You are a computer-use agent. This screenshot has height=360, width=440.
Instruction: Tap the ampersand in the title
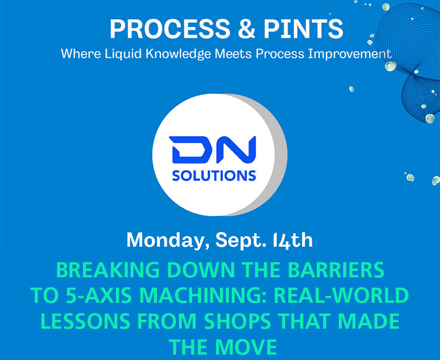[x=247, y=29]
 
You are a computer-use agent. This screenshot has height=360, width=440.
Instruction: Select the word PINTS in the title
[x=303, y=29]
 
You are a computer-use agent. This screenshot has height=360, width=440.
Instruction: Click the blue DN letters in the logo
[x=213, y=150]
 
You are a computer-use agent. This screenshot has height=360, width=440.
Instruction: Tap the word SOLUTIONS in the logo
[x=214, y=176]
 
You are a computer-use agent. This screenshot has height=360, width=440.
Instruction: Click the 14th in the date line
[x=292, y=241]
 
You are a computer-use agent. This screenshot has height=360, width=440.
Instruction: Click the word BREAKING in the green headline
[x=108, y=270]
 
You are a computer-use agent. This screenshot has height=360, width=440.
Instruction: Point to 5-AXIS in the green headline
[x=99, y=295]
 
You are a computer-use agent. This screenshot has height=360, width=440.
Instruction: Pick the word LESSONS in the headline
[x=85, y=321]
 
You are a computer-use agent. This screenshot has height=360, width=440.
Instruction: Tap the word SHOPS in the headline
[x=237, y=321]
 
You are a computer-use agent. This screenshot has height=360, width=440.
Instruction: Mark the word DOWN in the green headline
[x=201, y=270]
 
